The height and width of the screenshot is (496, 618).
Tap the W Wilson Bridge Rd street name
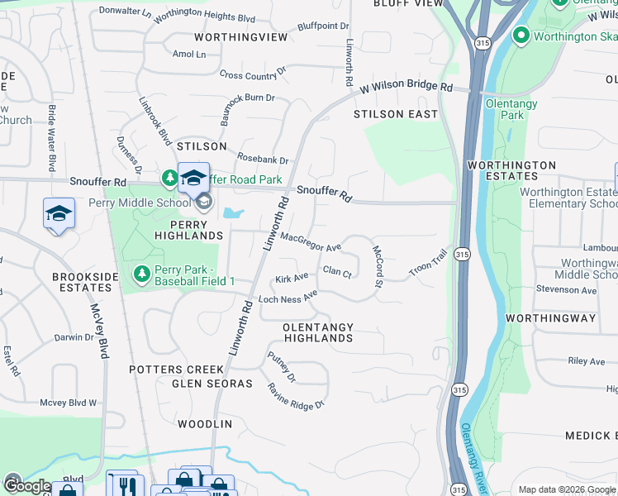pos(406,87)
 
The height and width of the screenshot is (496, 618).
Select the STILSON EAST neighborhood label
pos(396,114)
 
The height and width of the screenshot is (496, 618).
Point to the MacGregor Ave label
pos(311,242)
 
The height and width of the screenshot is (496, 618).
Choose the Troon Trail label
pos(428,264)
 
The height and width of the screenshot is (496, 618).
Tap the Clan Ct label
pos(337,271)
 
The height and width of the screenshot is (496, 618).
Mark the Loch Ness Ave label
pos(288,297)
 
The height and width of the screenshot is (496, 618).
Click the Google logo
pos(26,486)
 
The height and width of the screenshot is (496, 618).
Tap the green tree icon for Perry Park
pos(141,274)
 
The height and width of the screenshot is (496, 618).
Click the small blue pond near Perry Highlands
pos(232,213)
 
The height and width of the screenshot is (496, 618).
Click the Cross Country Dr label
pos(252,74)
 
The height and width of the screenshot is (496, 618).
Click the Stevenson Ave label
pos(566,290)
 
